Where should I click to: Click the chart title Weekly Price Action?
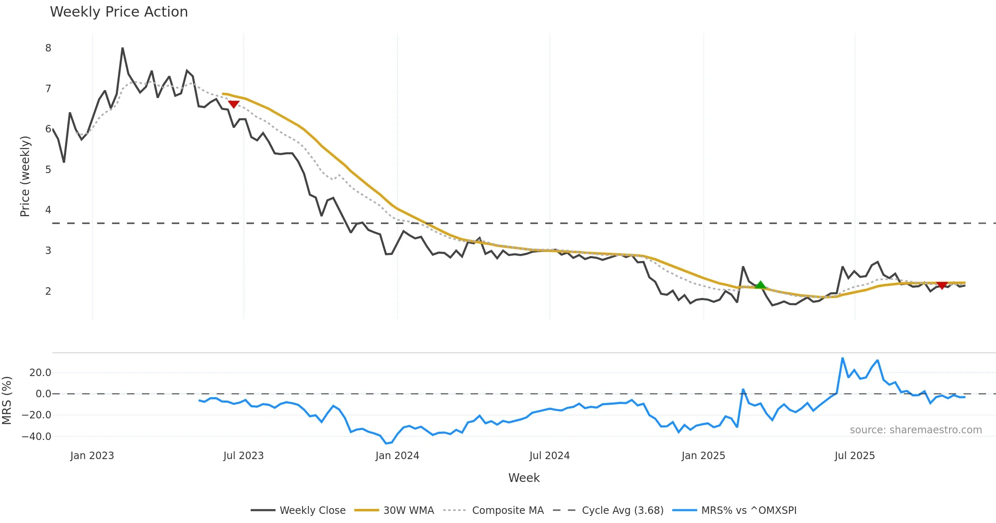[x=119, y=12]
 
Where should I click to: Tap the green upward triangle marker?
[x=760, y=285]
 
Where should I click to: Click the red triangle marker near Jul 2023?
[x=234, y=104]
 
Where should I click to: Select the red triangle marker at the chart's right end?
[x=942, y=285]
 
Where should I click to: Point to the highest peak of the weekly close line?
[x=122, y=48]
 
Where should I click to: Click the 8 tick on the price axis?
[x=48, y=48]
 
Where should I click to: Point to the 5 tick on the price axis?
[x=48, y=170]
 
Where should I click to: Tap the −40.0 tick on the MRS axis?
[x=37, y=436]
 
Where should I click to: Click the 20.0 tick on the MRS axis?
[x=40, y=372]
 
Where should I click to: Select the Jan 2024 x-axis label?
[x=397, y=456]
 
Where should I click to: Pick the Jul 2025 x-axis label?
[x=854, y=456]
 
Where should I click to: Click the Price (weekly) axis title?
[x=25, y=176]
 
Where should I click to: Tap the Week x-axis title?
[x=524, y=478]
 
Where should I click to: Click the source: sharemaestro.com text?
[x=915, y=430]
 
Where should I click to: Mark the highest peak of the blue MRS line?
[x=842, y=358]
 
